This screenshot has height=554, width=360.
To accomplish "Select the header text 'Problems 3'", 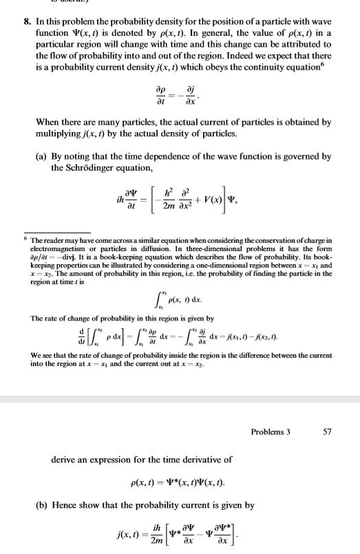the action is pos(272,432).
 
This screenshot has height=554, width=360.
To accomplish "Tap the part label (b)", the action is pos(59,504).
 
